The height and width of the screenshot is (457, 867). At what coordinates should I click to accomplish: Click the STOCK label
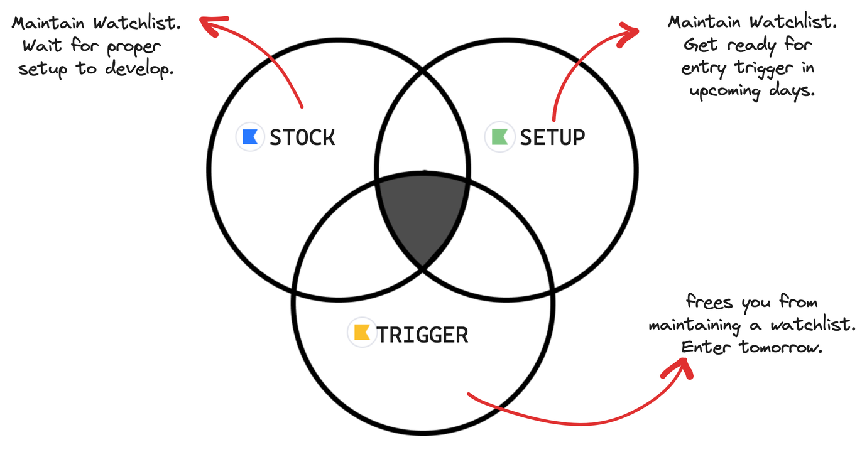click(302, 137)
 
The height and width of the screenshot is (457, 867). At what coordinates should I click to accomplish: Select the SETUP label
click(552, 137)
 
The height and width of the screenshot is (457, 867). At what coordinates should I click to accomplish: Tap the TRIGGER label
click(423, 335)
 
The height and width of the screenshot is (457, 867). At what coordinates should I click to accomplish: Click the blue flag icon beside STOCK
click(249, 137)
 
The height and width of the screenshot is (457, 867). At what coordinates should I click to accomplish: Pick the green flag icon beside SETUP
click(499, 137)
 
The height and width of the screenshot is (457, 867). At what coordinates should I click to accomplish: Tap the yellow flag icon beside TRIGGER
click(361, 333)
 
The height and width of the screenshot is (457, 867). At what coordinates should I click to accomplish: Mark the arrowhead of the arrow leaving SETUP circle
click(633, 31)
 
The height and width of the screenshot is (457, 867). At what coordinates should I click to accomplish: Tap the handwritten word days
click(795, 90)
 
